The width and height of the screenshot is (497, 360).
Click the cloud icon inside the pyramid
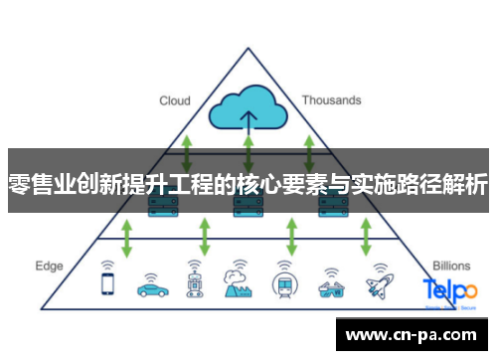[248, 111]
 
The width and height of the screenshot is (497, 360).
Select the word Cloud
[175, 100]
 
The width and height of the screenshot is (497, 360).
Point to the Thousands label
[331, 100]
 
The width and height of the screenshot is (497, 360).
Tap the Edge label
[49, 267]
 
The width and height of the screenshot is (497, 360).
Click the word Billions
[451, 267]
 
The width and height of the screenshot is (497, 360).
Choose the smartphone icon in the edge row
[107, 282]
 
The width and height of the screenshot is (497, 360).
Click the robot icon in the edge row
[194, 280]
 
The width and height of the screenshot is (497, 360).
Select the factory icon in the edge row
[238, 279]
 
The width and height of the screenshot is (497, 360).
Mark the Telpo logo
[449, 290]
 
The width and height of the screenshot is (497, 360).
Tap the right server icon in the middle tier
[331, 207]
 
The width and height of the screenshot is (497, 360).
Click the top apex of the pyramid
[246, 50]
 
